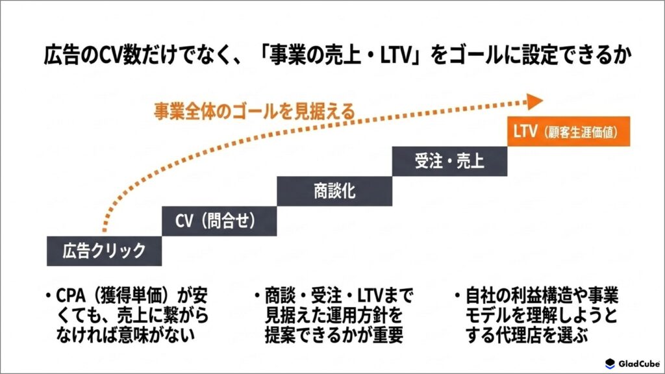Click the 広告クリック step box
(x=105, y=251)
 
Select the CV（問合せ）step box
(x=220, y=221)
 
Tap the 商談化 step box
(x=334, y=192)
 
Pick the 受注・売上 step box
(x=449, y=161)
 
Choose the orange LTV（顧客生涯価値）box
(x=569, y=131)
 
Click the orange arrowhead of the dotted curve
(x=535, y=101)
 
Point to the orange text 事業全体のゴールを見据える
(x=254, y=112)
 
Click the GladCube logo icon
(x=610, y=364)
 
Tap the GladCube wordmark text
(x=639, y=364)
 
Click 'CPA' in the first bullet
(x=71, y=295)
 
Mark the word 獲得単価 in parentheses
(x=131, y=295)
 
